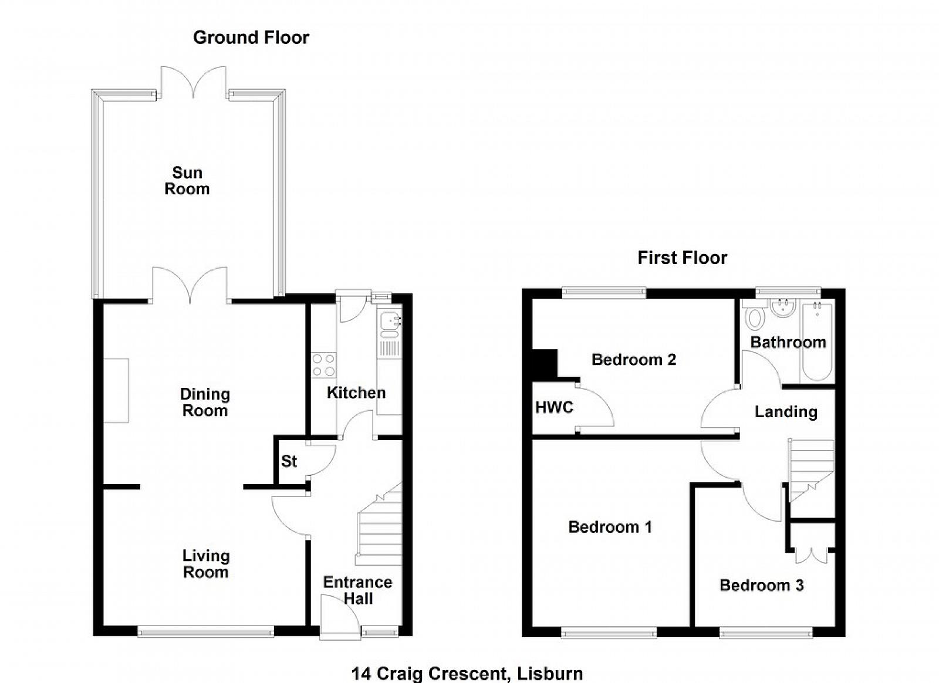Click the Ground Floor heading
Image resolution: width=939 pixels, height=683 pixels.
(251, 38)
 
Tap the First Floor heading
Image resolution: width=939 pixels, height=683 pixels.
(683, 258)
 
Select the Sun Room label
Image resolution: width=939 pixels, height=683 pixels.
(187, 181)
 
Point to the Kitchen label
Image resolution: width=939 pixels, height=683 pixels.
(356, 393)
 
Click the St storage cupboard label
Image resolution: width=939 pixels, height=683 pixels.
(289, 461)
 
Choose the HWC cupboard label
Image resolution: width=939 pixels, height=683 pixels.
(554, 407)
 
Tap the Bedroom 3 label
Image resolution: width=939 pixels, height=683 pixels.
(762, 586)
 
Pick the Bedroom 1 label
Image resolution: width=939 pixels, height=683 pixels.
(610, 527)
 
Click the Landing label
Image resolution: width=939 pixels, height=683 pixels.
(786, 412)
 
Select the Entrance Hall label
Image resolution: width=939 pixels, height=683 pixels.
(357, 590)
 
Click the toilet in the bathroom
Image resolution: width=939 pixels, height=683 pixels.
(755, 315)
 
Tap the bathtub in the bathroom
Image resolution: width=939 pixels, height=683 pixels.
(817, 341)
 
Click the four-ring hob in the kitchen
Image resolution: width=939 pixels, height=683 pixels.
(323, 364)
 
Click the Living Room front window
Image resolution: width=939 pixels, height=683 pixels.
(206, 631)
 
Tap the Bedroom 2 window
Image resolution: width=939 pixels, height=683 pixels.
(604, 292)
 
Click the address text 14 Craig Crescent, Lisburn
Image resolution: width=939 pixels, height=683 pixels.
(467, 674)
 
